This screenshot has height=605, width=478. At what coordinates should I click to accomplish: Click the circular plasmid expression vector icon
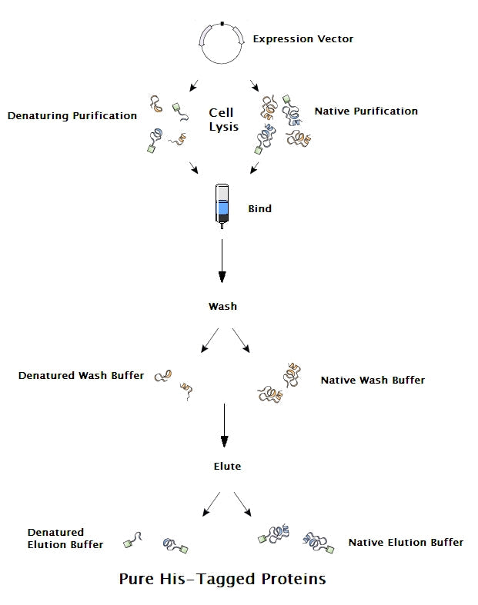point(222,42)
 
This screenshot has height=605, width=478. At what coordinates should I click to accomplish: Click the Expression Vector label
point(303,38)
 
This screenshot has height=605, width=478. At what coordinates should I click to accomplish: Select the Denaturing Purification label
point(72,116)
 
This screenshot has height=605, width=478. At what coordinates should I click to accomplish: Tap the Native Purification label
point(366,111)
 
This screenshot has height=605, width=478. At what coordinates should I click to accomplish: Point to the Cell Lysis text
point(223,120)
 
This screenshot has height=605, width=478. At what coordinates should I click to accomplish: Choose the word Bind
point(259,208)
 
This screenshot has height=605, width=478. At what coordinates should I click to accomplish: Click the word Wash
point(222,306)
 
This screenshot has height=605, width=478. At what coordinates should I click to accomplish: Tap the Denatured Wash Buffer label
point(81,376)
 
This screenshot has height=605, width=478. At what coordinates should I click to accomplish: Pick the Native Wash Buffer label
point(373,380)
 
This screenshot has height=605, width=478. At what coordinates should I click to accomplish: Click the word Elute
point(227,466)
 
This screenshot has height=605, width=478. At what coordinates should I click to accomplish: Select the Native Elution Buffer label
point(406,542)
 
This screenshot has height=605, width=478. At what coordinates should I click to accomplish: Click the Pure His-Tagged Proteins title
point(222,579)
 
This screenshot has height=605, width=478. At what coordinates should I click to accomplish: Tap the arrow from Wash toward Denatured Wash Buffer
point(209,341)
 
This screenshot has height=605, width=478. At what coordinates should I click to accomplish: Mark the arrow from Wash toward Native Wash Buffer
point(241,341)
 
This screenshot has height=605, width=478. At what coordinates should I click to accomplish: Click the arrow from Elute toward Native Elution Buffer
point(242,504)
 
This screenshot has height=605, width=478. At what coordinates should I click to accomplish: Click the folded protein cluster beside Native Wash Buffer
point(279,382)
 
